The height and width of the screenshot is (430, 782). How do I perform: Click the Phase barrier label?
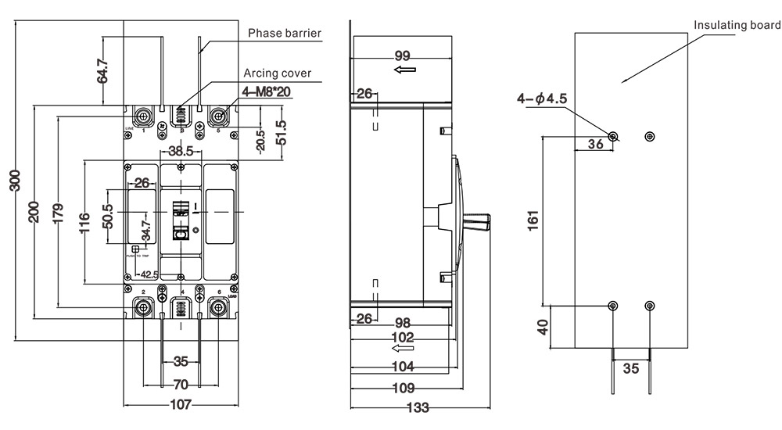pyautogui.click(x=285, y=33)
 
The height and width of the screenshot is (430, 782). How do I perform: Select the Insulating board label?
pyautogui.click(x=737, y=25)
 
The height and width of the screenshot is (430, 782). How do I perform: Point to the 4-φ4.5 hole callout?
pyautogui.click(x=541, y=99)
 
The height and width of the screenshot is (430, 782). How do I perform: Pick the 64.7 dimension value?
pyautogui.click(x=102, y=70)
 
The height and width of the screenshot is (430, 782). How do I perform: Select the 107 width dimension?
pyautogui.click(x=181, y=405)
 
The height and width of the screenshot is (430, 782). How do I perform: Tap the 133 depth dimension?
pyautogui.click(x=419, y=407)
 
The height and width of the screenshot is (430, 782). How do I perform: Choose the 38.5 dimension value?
pyautogui.click(x=181, y=152)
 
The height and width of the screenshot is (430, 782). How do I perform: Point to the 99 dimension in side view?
pyautogui.click(x=403, y=56)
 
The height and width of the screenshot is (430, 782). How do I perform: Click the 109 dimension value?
pyautogui.click(x=403, y=386)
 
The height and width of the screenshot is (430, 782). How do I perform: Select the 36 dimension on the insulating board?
pyautogui.click(x=595, y=144)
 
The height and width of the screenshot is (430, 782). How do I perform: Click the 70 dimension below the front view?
pyautogui.click(x=181, y=385)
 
